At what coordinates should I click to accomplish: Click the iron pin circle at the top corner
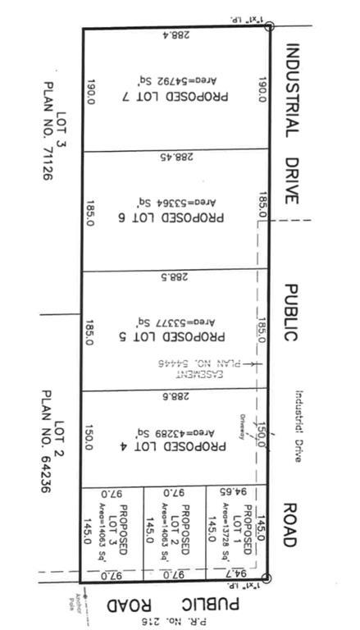[x=269, y=26]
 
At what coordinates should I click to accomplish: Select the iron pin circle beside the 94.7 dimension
[x=266, y=579]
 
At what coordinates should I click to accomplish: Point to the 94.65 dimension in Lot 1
[x=235, y=492]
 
